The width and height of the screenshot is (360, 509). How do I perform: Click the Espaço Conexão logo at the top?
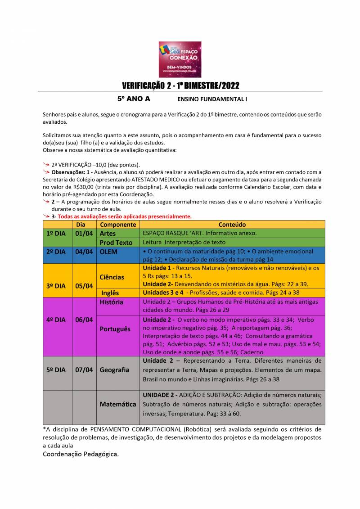pyautogui.click(x=180, y=59)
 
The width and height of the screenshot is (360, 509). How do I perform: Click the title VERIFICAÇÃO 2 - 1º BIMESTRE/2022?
pyautogui.click(x=180, y=86)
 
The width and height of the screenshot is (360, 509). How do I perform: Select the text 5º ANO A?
pyautogui.click(x=134, y=98)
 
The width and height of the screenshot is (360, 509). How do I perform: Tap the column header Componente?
pyautogui.click(x=118, y=225)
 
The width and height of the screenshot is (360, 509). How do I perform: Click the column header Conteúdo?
pyautogui.click(x=232, y=225)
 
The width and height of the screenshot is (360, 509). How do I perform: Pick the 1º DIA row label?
pyautogui.click(x=56, y=234)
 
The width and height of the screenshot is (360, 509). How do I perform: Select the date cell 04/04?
pyautogui.click(x=84, y=252)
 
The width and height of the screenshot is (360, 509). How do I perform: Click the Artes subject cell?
pyautogui.click(x=108, y=234)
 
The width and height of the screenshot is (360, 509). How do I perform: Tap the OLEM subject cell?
pyautogui.click(x=108, y=252)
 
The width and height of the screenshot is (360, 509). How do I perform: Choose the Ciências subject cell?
pyautogui.click(x=112, y=277)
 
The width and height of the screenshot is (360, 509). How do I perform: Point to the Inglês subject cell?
pyautogui.click(x=110, y=293)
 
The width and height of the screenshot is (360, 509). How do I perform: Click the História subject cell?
pyautogui.click(x=112, y=302)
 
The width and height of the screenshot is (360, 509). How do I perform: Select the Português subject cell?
pyautogui.click(x=115, y=329)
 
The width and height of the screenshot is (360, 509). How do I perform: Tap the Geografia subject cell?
pyautogui.click(x=115, y=370)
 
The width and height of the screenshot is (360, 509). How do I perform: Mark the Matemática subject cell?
pyautogui.click(x=118, y=404)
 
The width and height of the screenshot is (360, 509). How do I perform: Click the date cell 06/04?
pyautogui.click(x=84, y=320)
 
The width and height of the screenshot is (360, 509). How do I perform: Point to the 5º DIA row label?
pyautogui.click(x=56, y=370)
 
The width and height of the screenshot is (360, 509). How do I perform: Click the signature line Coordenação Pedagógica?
pyautogui.click(x=81, y=454)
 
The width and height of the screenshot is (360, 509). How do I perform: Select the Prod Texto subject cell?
pyautogui.click(x=116, y=243)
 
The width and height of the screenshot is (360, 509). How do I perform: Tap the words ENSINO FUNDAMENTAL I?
pyautogui.click(x=212, y=99)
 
